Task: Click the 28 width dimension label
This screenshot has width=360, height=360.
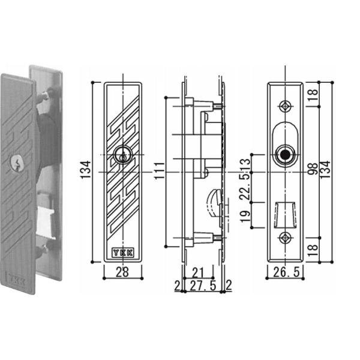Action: pos(122,272)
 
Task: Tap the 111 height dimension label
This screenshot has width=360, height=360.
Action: pos(160,170)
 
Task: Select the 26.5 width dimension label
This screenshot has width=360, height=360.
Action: pos(286,272)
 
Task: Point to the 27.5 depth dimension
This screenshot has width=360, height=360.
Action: pos(203,286)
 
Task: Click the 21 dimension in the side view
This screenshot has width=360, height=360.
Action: pos(197,273)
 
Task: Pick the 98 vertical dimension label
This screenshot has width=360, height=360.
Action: pos(313,169)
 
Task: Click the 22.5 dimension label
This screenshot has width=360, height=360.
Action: pos(245,187)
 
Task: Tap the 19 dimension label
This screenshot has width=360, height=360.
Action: pos(245,216)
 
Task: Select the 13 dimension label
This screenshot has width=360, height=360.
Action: pos(245,164)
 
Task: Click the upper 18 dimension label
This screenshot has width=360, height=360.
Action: pos(313,95)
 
